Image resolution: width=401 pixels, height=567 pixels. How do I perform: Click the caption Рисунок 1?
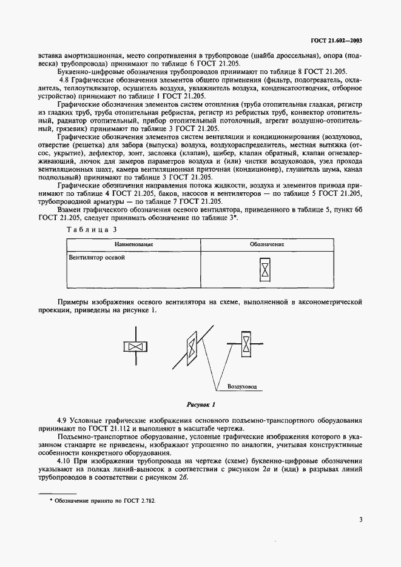pyautogui.click(x=200, y=403)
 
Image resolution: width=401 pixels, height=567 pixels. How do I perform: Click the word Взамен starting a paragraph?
pyautogui.click(x=70, y=209)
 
